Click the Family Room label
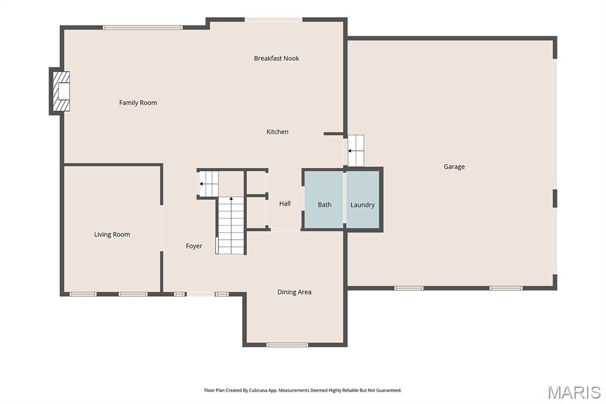[138, 102]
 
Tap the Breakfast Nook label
[276, 59]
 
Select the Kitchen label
[277, 132]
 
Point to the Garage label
[454, 167]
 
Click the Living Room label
[112, 235]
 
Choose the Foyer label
[194, 246]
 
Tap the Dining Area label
[294, 292]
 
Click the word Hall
[285, 204]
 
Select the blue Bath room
[324, 200]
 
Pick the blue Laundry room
[363, 200]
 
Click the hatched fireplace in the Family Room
[62, 91]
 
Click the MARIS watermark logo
[574, 392]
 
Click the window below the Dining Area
[287, 344]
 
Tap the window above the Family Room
[143, 27]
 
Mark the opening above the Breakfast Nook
[273, 20]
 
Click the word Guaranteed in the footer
[388, 390]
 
